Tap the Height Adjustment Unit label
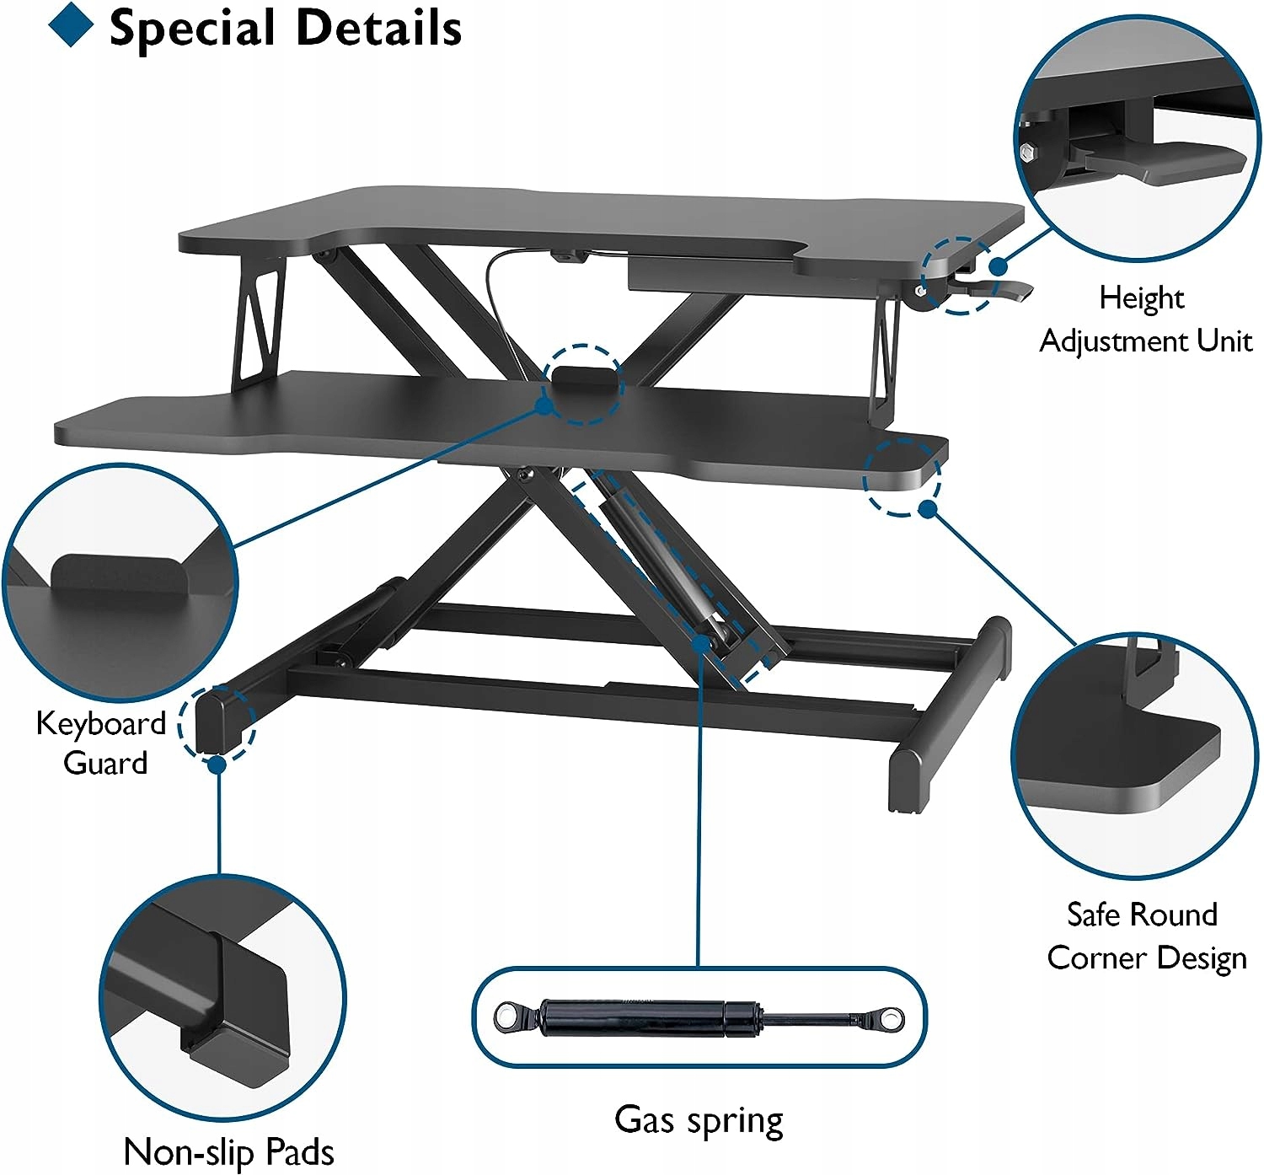[1144, 319]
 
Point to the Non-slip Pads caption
[228, 1151]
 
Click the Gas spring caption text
[699, 1119]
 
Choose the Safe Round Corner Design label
[1145, 936]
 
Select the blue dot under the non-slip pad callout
[217, 765]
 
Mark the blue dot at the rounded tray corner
[928, 509]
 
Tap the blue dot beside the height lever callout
[999, 266]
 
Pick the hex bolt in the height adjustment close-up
[1027, 153]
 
